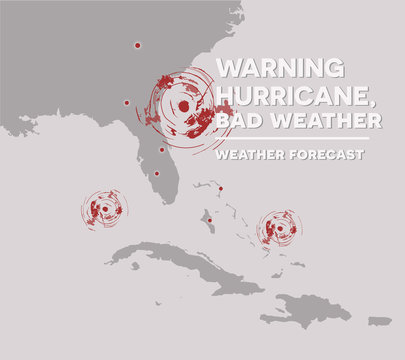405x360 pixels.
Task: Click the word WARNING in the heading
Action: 280,68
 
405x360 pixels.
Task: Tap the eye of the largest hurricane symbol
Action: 184,105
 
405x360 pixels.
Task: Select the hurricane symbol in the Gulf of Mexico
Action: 104,210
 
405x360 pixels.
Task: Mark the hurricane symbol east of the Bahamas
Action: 279,229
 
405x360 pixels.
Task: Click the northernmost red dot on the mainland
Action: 137,45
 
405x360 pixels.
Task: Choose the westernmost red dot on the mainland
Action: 127,102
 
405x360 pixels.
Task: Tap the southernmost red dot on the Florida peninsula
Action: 156,173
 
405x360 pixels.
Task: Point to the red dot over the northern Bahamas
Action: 220,188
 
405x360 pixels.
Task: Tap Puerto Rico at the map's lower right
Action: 379,321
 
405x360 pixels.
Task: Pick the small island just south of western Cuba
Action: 134,266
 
